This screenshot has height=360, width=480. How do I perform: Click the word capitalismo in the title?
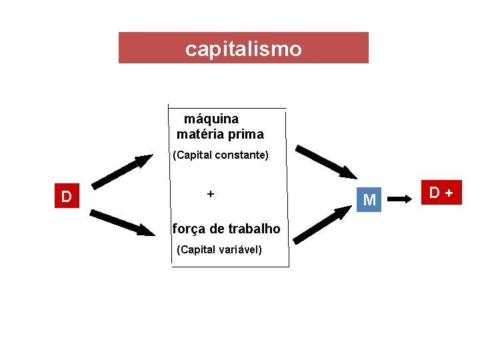click(243, 49)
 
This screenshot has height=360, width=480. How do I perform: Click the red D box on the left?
click(67, 197)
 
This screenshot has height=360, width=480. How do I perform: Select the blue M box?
click(369, 199)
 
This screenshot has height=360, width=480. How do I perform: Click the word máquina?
click(211, 119)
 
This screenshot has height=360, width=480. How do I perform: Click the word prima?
click(246, 134)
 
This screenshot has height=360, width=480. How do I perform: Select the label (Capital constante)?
click(221, 155)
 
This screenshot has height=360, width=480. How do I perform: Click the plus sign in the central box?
click(210, 194)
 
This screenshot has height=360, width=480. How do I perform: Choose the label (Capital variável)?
click(220, 250)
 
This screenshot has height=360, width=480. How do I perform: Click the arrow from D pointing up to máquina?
click(122, 172)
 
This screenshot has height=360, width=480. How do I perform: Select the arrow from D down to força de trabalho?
click(122, 223)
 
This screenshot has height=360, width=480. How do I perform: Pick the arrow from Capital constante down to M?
click(326, 162)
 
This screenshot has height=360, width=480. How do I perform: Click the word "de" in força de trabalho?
click(217, 229)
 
